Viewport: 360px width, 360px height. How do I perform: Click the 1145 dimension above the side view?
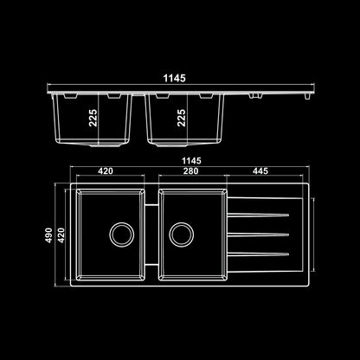175,78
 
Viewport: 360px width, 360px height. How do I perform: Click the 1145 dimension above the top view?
191,161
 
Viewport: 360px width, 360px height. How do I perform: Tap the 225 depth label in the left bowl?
93,118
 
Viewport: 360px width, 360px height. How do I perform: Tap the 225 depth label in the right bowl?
182,118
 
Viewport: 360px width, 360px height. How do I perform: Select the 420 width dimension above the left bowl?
106,171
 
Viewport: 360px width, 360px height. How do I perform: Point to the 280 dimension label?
191,171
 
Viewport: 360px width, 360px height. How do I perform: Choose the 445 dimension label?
260,171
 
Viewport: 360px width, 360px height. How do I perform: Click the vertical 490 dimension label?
49,235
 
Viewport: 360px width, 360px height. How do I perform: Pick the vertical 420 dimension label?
61,235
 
